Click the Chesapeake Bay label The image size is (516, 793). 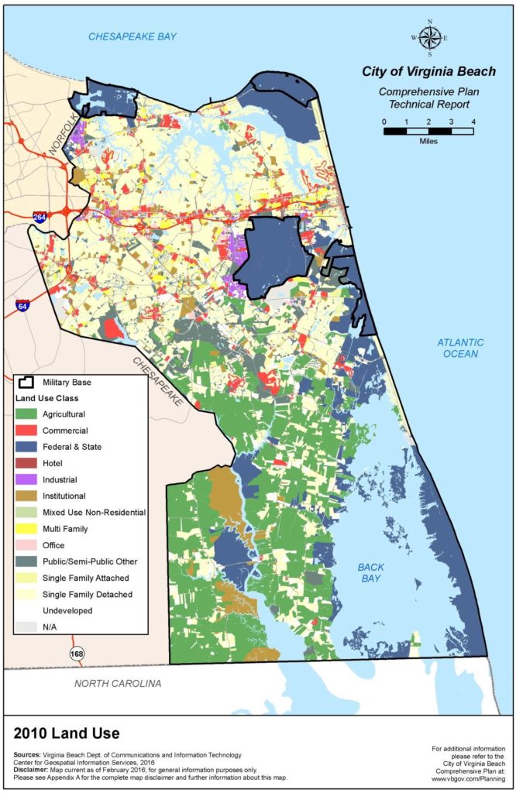[x=132, y=36]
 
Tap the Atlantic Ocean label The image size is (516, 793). [x=459, y=348]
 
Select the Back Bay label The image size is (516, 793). [x=371, y=573]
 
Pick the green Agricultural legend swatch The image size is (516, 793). [x=29, y=414]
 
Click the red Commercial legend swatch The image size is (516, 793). [x=29, y=431]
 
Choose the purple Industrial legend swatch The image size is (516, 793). [x=29, y=479]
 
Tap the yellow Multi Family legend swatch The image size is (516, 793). [x=29, y=529]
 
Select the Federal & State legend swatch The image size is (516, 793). [x=29, y=447]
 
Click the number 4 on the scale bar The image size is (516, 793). [x=473, y=122]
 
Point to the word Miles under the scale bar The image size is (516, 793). [x=428, y=142]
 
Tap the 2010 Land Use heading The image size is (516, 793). [x=67, y=733]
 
